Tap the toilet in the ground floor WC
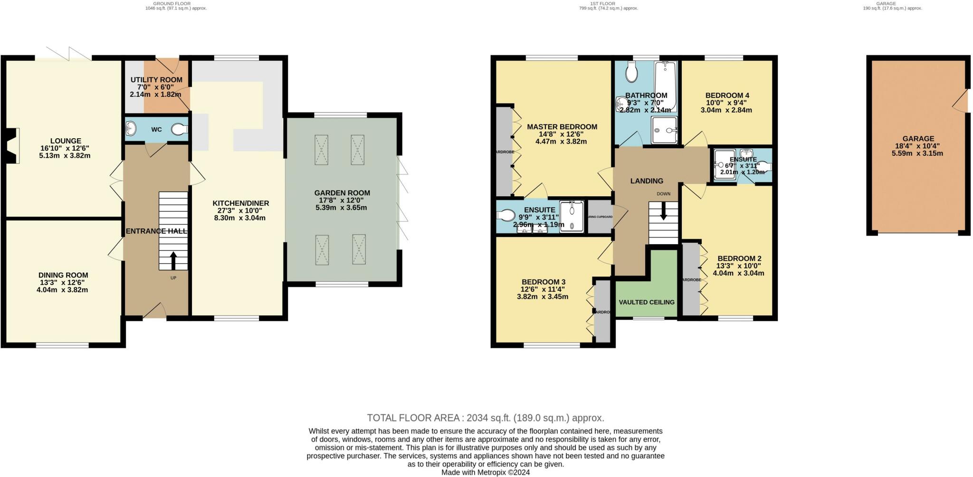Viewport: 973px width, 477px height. (180, 129)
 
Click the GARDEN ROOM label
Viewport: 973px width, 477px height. (342, 193)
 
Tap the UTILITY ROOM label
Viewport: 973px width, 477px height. (156, 80)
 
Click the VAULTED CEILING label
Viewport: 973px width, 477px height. (646, 302)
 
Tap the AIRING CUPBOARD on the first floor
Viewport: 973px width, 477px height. (600, 217)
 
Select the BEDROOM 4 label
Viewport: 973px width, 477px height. (727, 95)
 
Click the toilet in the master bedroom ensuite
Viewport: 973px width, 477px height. (506, 216)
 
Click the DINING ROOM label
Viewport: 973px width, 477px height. (63, 275)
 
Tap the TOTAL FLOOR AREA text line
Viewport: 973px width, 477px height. (485, 418)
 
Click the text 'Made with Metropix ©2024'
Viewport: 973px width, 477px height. (485, 472)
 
